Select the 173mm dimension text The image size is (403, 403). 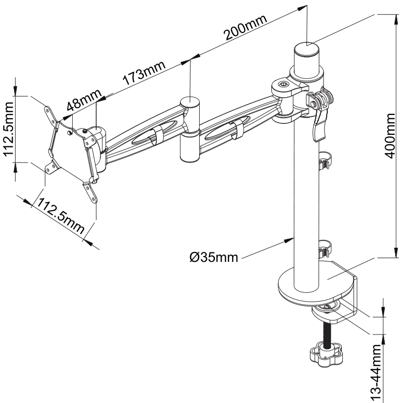coord(144,74)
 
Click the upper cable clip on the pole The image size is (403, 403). coord(325,160)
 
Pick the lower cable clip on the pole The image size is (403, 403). coord(325,247)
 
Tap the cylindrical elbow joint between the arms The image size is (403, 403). coord(190,130)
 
